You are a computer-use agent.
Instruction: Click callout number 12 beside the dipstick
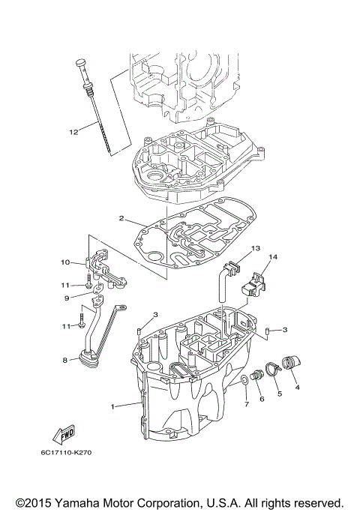73,132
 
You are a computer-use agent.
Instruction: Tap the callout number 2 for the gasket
121,220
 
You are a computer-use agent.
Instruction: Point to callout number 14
273,258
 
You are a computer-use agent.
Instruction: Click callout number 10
65,263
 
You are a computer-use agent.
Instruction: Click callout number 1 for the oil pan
113,406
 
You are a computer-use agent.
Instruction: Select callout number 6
262,399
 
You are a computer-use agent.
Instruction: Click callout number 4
297,388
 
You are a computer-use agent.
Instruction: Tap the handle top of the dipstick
79,61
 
